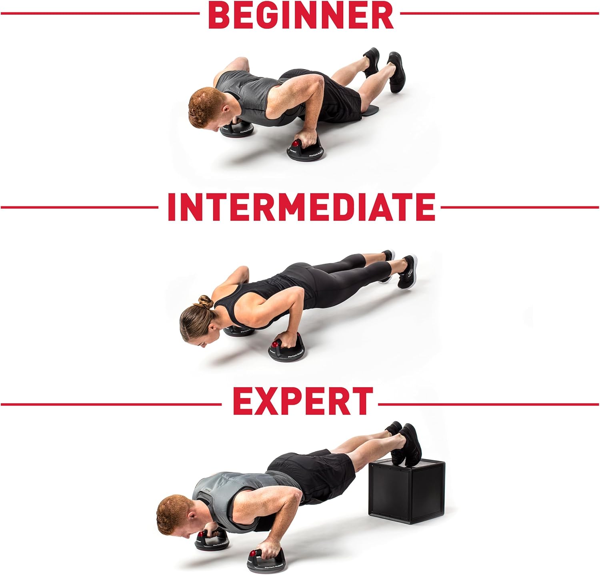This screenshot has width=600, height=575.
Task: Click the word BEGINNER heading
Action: [x=301, y=15]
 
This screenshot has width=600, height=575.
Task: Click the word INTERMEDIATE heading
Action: [x=301, y=207]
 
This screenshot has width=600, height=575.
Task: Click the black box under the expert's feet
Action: [x=407, y=491]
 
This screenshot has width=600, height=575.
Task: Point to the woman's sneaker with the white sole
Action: [x=407, y=272]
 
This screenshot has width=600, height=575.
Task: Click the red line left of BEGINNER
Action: [x=100, y=13]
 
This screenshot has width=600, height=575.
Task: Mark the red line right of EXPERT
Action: [x=488, y=404]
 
